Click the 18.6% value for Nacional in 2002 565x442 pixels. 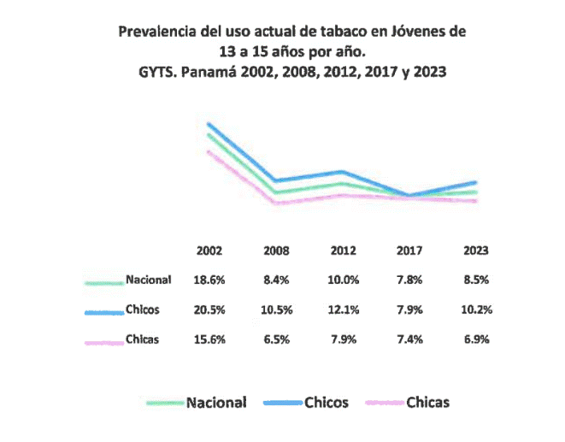tap(209, 280)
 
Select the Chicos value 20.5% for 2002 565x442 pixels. tap(209, 309)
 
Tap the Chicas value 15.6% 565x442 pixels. tap(209, 339)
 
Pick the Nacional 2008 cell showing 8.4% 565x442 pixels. tap(276, 280)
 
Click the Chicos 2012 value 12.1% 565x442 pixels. tap(343, 309)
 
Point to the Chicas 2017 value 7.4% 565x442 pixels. tap(409, 339)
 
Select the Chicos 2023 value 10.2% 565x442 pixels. tap(476, 309)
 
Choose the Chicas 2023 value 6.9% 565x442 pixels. tap(476, 339)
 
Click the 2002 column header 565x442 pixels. tap(209, 251)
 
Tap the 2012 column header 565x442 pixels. tap(343, 251)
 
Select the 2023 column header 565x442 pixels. tap(476, 251)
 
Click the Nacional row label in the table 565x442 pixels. tap(148, 280)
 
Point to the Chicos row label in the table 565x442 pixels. tap(143, 309)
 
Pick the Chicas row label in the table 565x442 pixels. tap(143, 339)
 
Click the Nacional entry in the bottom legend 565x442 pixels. tap(216, 402)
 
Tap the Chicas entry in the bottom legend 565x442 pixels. tap(427, 402)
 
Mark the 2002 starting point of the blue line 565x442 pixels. tap(208, 124)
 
